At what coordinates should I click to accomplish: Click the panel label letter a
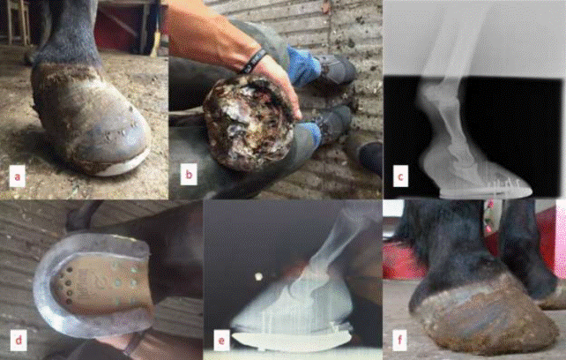(x=18, y=176)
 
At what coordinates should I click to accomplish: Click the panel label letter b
(x=189, y=175)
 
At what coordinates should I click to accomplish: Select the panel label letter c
(x=400, y=176)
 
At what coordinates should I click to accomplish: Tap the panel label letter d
(x=18, y=340)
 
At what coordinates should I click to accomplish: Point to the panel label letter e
(x=221, y=340)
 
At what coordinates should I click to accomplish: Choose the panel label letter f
(x=399, y=340)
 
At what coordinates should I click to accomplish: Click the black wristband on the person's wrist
(x=254, y=61)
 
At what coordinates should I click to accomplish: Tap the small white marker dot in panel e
(x=258, y=277)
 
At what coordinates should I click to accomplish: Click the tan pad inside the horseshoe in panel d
(x=103, y=287)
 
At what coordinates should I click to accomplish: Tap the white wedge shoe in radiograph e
(x=292, y=341)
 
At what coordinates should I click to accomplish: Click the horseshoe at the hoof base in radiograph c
(x=486, y=191)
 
